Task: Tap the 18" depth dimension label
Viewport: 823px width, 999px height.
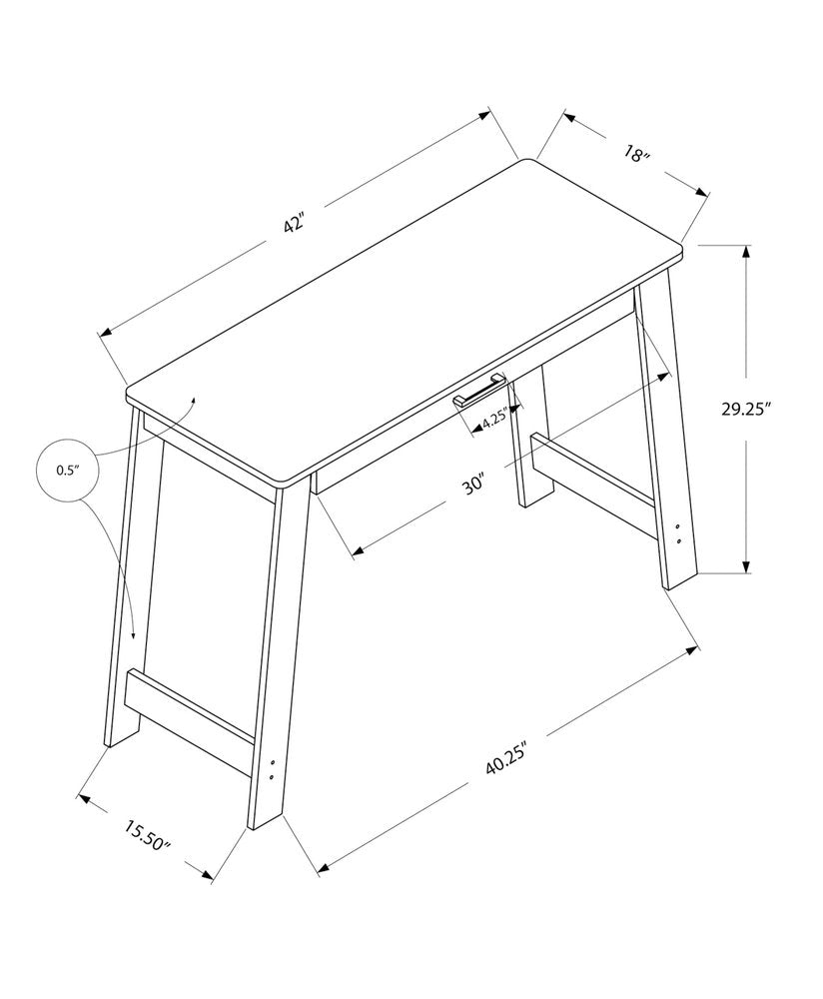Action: click(636, 155)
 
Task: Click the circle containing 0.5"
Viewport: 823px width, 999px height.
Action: click(68, 470)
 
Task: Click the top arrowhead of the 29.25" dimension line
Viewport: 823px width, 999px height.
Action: click(746, 249)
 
